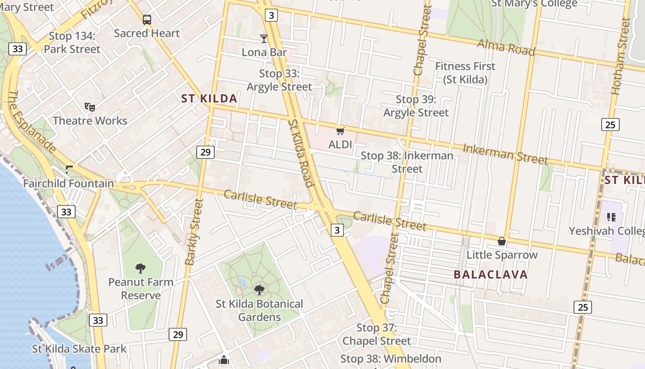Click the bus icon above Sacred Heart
[147, 20]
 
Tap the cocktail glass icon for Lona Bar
[264, 38]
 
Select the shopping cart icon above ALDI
[340, 131]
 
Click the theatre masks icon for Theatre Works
[90, 107]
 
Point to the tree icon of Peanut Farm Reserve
[141, 268]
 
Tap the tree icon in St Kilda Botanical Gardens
[259, 290]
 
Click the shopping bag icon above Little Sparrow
[502, 241]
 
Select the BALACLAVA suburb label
[491, 275]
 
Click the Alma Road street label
[506, 47]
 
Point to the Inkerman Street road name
[505, 154]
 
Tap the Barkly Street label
[194, 232]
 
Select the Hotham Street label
[620, 56]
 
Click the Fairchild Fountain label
[69, 184]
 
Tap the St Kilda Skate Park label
[79, 349]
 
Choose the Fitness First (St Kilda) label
[465, 73]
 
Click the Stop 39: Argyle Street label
[416, 106]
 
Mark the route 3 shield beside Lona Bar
[271, 15]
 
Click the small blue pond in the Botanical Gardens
[242, 282]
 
